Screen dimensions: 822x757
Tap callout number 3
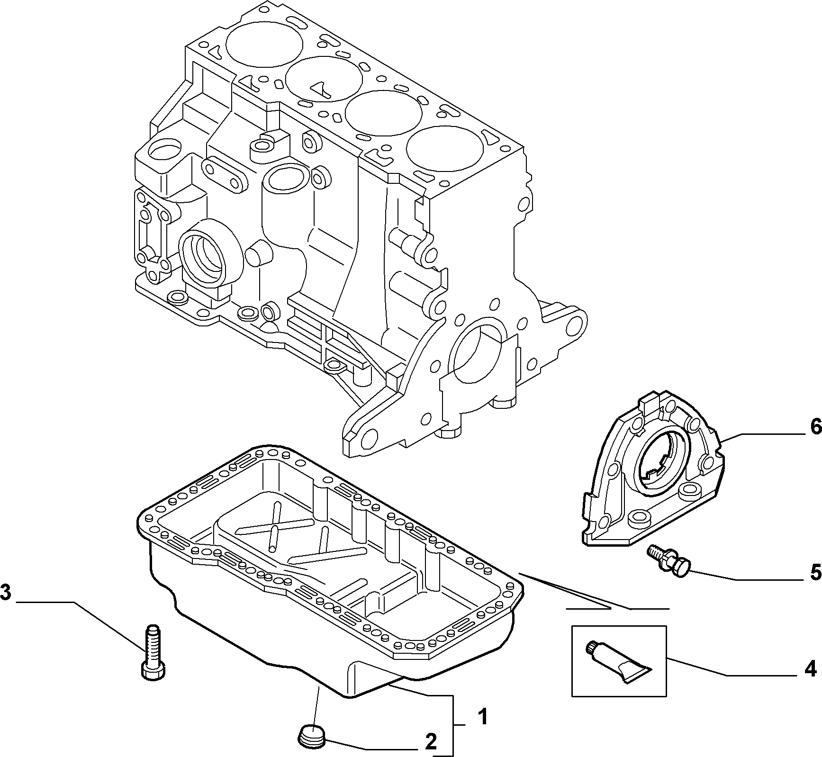coord(6,592)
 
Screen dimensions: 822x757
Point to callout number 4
coord(811,669)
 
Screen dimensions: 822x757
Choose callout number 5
coord(815,573)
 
